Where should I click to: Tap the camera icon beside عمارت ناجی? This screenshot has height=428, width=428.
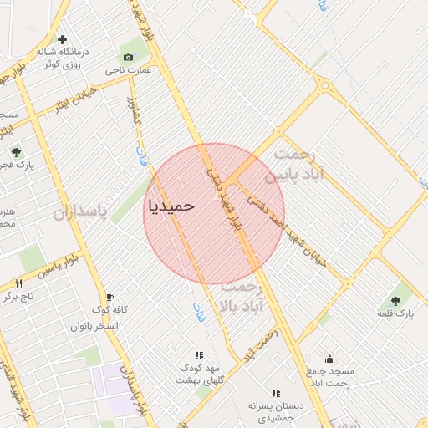tap(128, 57)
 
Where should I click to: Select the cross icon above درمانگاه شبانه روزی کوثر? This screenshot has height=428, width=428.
tap(63, 39)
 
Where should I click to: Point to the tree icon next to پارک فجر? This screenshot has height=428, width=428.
tap(15, 151)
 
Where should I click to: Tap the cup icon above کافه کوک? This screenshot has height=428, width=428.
tap(109, 297)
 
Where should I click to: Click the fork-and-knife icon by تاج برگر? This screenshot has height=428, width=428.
tap(18, 284)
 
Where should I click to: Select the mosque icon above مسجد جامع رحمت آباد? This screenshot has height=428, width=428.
tap(329, 359)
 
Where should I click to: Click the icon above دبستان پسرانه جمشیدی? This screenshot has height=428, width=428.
tap(275, 393)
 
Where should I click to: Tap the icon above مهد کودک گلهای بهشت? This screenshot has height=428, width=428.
tap(199, 355)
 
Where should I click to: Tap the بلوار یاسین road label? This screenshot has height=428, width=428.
tap(58, 267)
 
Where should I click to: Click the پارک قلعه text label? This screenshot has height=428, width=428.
tap(395, 313)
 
